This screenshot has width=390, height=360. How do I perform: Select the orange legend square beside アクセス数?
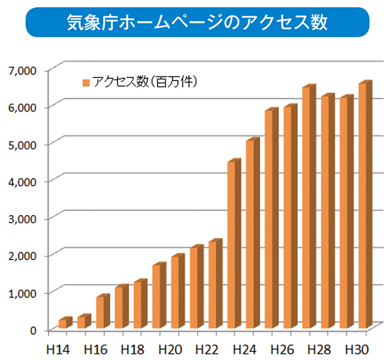[x=86, y=82]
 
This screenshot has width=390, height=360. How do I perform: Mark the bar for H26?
[x=288, y=218]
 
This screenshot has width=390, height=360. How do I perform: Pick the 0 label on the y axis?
[x=34, y=330]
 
